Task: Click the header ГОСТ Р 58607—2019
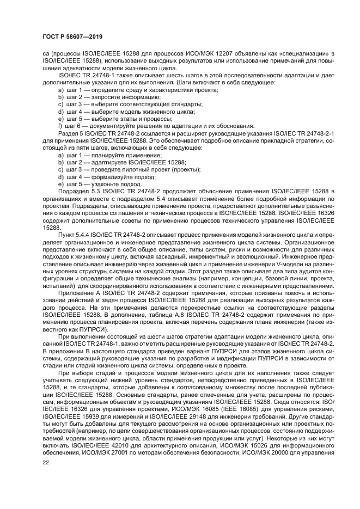pos(72,36)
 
